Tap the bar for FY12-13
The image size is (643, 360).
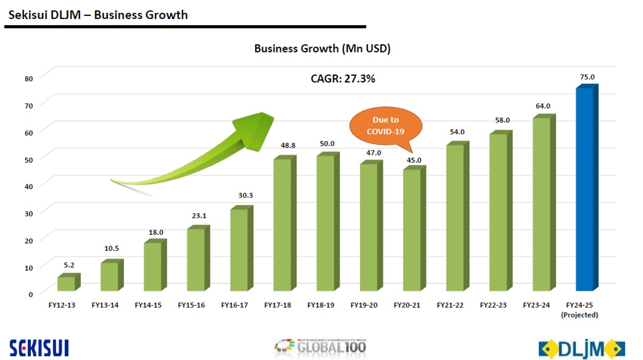click(x=66, y=284)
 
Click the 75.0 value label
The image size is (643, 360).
click(x=587, y=77)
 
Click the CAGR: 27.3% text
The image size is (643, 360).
click(x=343, y=79)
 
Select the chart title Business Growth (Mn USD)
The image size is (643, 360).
click(x=322, y=49)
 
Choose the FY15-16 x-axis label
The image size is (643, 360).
click(x=191, y=305)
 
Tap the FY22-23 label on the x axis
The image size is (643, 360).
click(x=493, y=305)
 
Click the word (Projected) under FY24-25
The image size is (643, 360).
click(x=580, y=315)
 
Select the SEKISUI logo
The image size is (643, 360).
click(x=39, y=347)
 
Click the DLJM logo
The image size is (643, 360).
click(x=582, y=349)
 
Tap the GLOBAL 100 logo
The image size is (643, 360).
click(x=319, y=347)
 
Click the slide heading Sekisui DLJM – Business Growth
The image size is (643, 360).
click(x=98, y=14)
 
